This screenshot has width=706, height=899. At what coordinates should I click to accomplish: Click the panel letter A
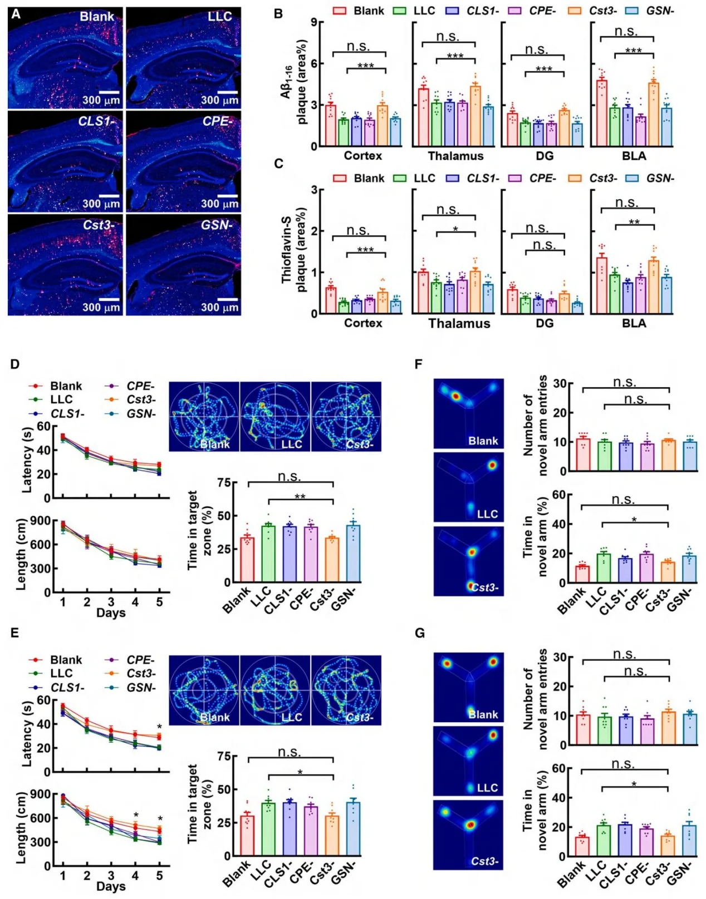[x=16, y=14]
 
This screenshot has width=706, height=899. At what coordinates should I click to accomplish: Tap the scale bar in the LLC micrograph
[x=228, y=92]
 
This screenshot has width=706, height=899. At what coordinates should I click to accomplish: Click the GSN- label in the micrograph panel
[x=216, y=225]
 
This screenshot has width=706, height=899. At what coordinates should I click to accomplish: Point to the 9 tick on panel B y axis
[x=314, y=22]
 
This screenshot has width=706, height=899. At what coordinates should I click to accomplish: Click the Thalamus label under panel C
[x=459, y=324]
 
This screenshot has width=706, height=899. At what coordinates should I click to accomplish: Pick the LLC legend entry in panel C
[x=414, y=179]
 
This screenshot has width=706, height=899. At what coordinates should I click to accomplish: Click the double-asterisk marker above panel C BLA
[x=634, y=223]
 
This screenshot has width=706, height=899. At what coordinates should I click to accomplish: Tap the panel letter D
[x=15, y=364]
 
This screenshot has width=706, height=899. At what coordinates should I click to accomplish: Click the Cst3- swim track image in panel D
[x=346, y=416]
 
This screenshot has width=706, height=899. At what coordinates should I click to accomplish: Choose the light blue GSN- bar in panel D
[x=353, y=554]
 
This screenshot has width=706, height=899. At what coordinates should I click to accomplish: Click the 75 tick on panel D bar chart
[x=224, y=483]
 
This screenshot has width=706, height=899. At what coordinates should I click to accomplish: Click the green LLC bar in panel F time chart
[x=604, y=568]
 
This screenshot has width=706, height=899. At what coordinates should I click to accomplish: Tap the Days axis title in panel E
[x=111, y=886]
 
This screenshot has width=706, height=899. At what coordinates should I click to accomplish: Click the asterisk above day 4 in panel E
[x=136, y=816]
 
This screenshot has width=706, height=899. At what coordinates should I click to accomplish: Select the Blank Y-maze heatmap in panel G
[x=469, y=687]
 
